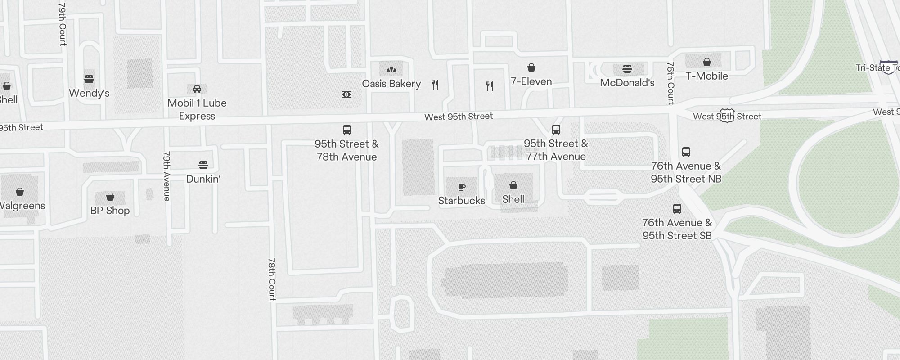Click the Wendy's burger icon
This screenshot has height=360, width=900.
tap(89, 79)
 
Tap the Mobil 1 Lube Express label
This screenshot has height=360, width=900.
tap(197, 109)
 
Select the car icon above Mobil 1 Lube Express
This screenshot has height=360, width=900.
tap(197, 89)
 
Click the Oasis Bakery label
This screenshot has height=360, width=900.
tap(391, 84)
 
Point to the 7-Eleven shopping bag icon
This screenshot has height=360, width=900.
tap(531, 67)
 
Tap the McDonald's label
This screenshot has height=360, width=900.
tap(627, 83)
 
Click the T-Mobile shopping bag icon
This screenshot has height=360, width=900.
tap(707, 62)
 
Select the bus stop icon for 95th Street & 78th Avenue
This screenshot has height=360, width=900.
tap(347, 130)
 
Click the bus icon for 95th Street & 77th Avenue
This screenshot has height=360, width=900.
tap(556, 130)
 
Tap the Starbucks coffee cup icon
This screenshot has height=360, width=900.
tap(461, 187)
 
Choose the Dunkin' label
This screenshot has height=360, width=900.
tap(203, 179)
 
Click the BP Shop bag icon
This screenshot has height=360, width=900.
tap(110, 197)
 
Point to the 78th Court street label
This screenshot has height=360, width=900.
tap(272, 279)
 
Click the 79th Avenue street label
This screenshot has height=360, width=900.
tap(166, 176)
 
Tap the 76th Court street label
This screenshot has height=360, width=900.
tap(670, 83)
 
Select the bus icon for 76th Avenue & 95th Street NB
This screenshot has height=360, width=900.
tap(686, 152)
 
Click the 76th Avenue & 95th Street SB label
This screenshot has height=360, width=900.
tap(677, 229)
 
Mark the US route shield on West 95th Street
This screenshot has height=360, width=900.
tap(727, 115)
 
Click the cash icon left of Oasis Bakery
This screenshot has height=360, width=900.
tap(346, 94)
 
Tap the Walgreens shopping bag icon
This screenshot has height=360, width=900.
tap(20, 192)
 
